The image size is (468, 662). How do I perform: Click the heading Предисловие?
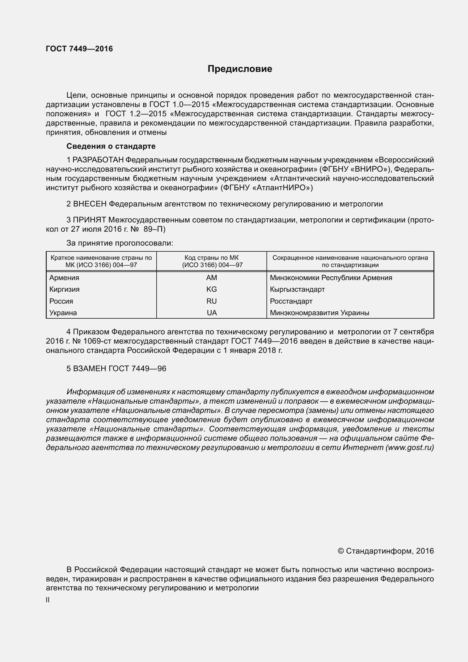click(240, 69)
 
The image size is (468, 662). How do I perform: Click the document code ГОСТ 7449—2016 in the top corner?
click(79, 49)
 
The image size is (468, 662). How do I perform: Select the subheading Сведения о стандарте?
click(111, 146)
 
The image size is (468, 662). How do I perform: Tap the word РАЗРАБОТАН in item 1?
click(98, 160)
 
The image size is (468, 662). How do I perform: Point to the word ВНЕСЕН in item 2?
click(90, 204)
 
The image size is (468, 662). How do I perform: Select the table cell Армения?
click(64, 278)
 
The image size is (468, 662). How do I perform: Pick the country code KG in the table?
click(211, 289)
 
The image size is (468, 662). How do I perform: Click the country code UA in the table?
click(212, 313)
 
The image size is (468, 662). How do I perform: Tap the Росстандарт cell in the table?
click(291, 301)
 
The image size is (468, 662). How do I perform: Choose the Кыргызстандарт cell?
click(297, 289)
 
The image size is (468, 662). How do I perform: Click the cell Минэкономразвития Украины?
click(320, 313)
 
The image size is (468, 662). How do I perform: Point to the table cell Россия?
click(61, 301)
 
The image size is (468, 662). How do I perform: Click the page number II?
click(48, 600)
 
